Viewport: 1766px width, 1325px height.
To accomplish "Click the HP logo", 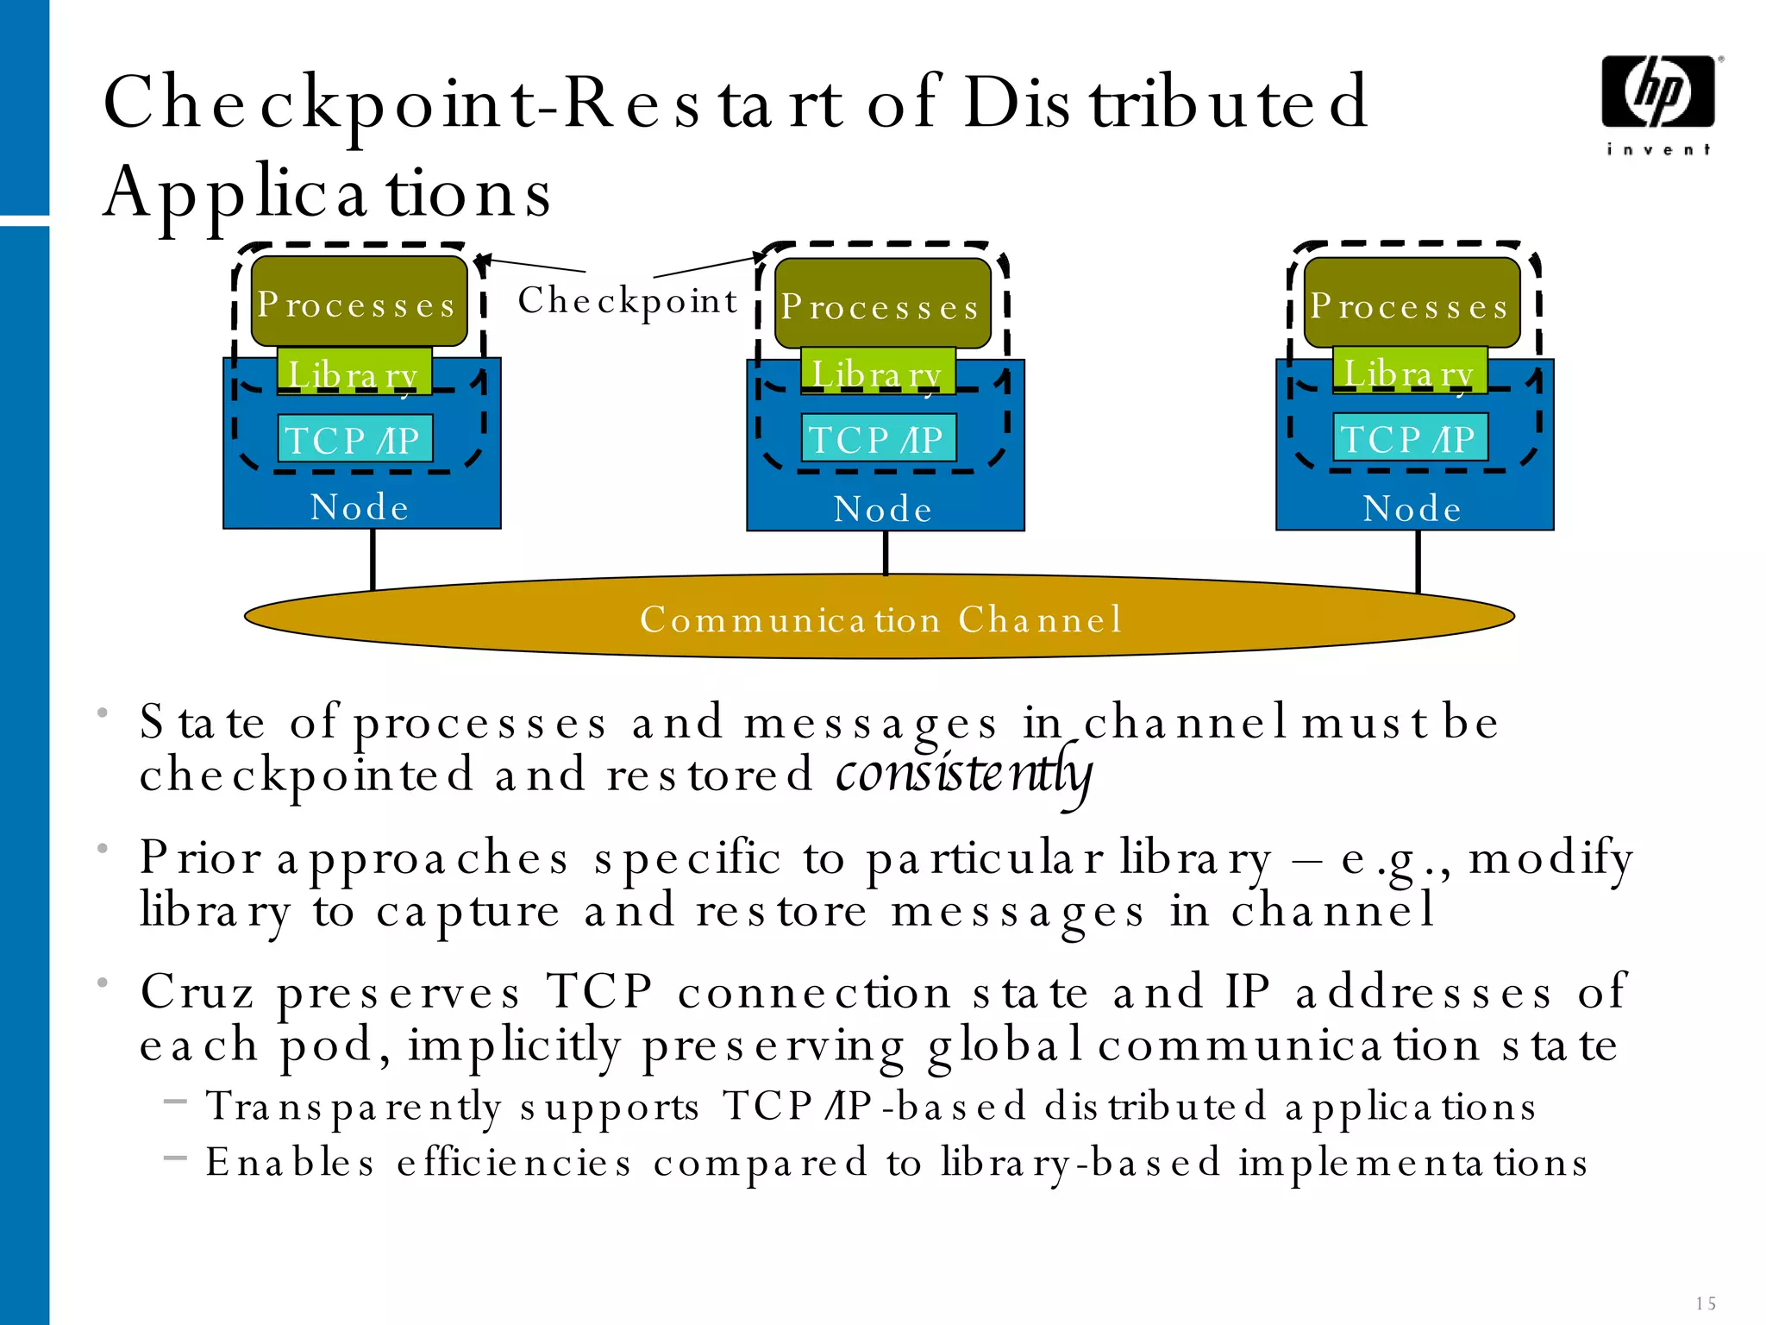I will point(1657,93).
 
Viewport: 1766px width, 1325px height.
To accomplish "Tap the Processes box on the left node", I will point(359,302).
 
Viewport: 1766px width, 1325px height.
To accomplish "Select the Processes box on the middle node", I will point(882,305).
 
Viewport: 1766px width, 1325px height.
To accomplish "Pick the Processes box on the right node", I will point(1411,304).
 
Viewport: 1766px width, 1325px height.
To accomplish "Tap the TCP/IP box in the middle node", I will point(878,439).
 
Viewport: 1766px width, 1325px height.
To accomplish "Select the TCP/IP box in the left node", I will point(354,440).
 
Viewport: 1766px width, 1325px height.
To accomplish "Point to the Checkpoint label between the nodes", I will point(628,301).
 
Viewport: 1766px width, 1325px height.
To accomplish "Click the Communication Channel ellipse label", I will point(880,619).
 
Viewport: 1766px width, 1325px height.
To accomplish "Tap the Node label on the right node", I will point(1412,509).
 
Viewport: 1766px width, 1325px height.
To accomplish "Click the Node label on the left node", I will point(360,507).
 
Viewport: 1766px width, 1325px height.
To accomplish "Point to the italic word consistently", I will point(963,775).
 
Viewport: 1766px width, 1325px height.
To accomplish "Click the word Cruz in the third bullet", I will point(197,992).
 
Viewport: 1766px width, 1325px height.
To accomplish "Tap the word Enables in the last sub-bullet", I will point(291,1162).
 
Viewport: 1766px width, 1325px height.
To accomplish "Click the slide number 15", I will point(1705,1303).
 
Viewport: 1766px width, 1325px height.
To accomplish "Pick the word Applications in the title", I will point(327,192).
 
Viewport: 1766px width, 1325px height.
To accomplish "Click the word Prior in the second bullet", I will point(200,857).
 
